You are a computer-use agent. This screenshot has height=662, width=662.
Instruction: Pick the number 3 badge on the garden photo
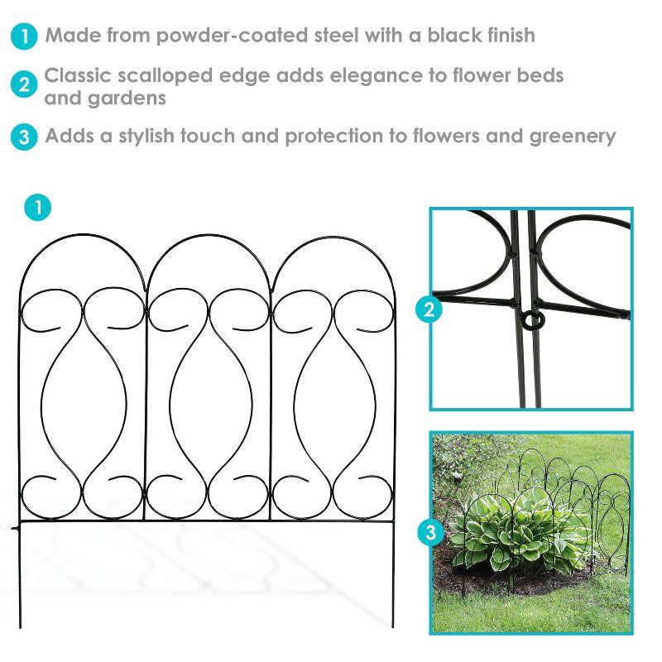[430, 534]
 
